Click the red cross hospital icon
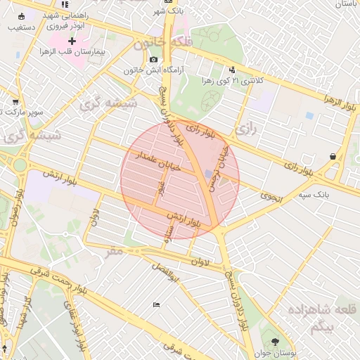72,41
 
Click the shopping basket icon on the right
332,157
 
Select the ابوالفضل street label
168,274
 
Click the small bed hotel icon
155,304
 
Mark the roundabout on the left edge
19,166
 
